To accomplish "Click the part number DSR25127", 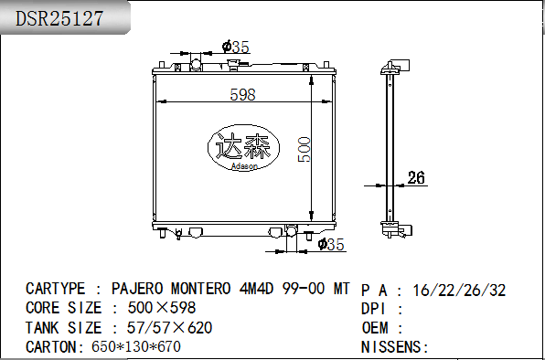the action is pos(59,18).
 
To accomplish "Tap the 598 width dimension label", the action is pos(242,94).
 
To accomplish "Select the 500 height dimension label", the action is pos(305,149).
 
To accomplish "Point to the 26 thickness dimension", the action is pos(416,177).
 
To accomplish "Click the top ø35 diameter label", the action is pos(236,47).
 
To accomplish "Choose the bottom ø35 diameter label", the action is pos(331,244).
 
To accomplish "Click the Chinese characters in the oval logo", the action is pos(243,146).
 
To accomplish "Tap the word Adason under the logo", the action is pos(244,166).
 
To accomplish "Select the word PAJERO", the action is pos(137,289).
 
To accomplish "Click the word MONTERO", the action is pos(200,289).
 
